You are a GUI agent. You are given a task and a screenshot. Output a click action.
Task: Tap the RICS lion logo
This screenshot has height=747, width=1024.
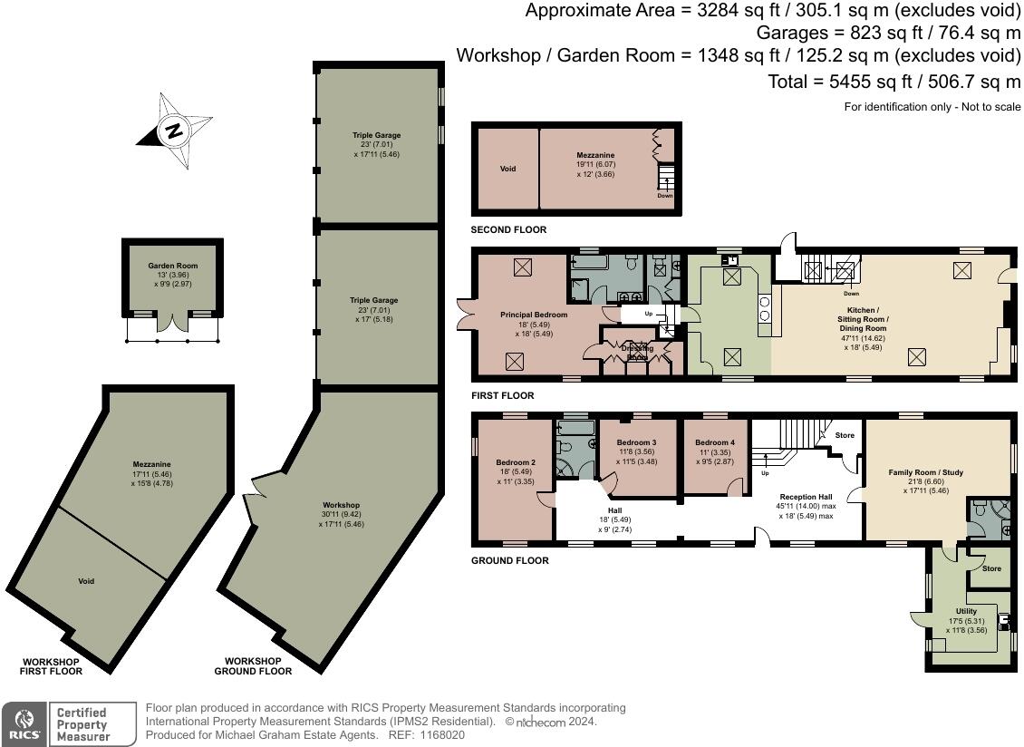(x=24, y=724)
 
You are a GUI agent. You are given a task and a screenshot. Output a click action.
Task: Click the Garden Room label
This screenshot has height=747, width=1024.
(x=173, y=267)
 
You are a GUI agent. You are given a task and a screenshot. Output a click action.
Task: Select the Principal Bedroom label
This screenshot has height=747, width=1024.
(x=534, y=315)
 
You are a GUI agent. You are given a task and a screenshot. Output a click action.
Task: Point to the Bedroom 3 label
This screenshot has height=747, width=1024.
(x=636, y=442)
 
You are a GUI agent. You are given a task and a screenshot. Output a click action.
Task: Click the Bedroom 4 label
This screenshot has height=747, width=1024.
(x=713, y=442)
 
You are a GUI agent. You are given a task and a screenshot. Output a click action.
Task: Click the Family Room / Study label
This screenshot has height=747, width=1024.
(x=925, y=472)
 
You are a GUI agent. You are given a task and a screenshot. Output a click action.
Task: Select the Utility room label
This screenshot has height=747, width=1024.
(x=966, y=611)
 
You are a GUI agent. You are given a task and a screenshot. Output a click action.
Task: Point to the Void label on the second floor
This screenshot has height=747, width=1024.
(x=507, y=169)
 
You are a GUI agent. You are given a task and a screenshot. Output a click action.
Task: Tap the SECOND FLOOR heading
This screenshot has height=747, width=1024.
(x=508, y=230)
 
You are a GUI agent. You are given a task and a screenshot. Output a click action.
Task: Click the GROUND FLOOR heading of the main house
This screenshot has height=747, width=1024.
(x=509, y=561)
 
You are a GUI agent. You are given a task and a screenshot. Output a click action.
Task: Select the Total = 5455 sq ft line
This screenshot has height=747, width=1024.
(x=894, y=82)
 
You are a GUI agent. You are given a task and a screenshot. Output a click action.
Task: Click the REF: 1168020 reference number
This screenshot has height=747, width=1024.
(x=433, y=735)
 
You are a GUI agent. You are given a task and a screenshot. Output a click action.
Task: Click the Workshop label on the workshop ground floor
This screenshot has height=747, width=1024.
(x=341, y=505)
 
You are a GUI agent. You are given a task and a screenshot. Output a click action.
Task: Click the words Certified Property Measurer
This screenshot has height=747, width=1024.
(x=82, y=724)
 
